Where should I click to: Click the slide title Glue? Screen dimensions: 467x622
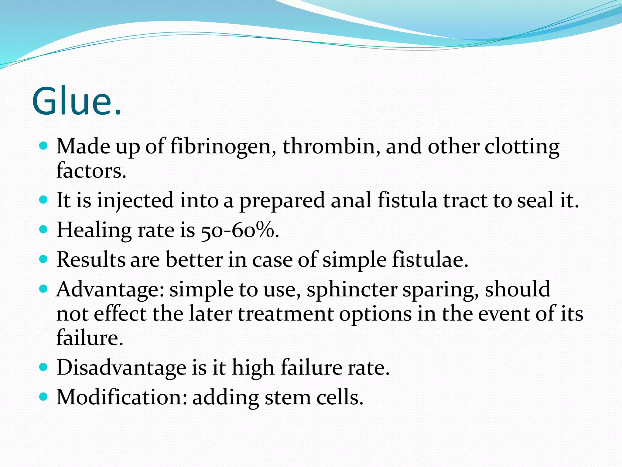pyautogui.click(x=77, y=101)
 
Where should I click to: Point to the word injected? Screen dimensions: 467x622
pyautogui.click(x=135, y=201)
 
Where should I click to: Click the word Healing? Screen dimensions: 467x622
pyautogui.click(x=94, y=230)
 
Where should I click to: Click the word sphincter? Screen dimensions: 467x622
pyautogui.click(x=352, y=290)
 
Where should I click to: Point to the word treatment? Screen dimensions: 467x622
pyautogui.click(x=285, y=314)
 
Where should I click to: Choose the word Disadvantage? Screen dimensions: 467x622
pyautogui.click(x=121, y=368)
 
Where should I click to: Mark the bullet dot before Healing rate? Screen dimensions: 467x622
pyautogui.click(x=44, y=230)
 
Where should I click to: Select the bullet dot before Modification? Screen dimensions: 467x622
pyautogui.click(x=44, y=397)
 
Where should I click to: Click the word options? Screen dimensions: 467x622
pyautogui.click(x=375, y=314)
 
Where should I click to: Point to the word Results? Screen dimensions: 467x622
pyautogui.click(x=91, y=260)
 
